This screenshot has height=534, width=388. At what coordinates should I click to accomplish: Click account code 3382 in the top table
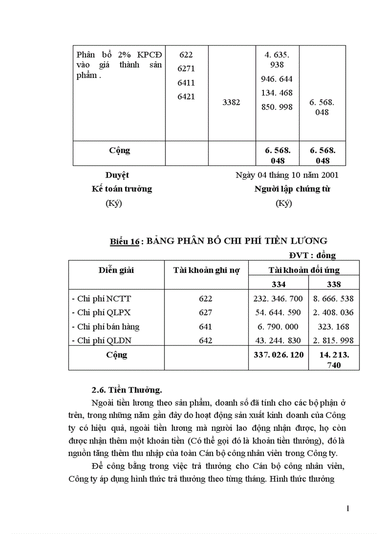[x=232, y=102]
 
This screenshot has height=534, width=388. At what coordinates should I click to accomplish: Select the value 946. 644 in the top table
[x=277, y=78]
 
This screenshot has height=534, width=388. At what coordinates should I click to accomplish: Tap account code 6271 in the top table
[x=186, y=69]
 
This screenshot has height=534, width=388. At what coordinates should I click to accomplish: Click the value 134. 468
[x=277, y=93]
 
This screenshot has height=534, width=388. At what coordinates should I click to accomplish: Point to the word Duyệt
[x=117, y=175]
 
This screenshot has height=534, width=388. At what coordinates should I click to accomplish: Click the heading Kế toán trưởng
[x=122, y=189]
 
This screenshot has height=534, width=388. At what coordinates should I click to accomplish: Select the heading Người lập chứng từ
[x=292, y=189]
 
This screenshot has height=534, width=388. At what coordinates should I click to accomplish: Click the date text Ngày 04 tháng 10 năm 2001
[x=287, y=175]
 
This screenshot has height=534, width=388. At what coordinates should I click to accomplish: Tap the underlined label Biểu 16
[x=125, y=242]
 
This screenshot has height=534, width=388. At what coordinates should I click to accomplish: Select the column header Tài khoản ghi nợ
[x=206, y=270]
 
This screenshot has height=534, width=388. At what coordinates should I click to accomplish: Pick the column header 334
[x=279, y=284]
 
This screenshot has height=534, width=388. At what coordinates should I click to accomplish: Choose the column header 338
[x=334, y=284]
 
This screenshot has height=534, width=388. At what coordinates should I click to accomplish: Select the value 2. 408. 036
[x=334, y=313]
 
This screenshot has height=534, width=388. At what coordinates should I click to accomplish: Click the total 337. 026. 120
[x=279, y=354]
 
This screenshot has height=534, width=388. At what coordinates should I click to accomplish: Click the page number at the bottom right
[x=348, y=509]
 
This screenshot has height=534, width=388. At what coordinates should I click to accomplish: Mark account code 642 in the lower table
[x=206, y=340]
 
